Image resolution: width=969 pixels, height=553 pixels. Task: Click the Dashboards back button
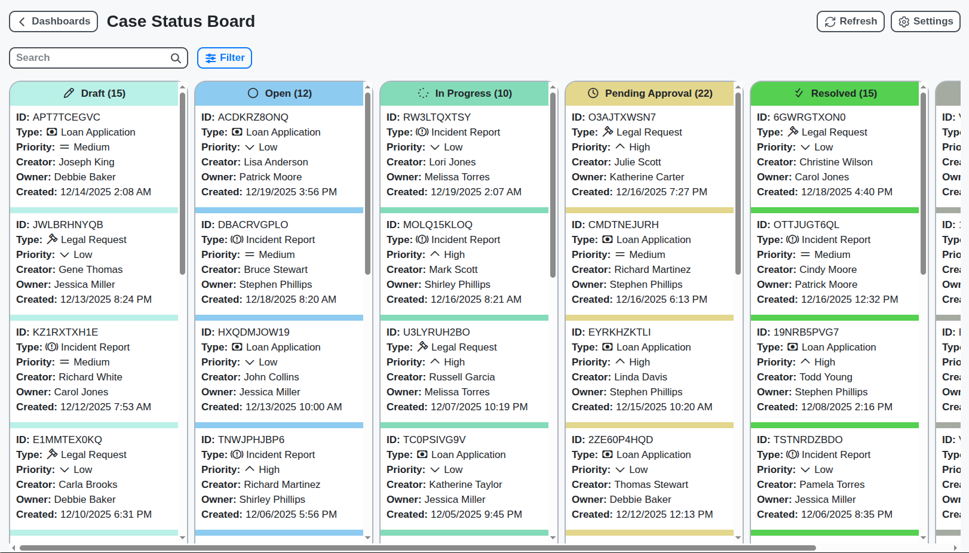pos(54,21)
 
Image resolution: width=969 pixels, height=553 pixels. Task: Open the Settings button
pos(925,21)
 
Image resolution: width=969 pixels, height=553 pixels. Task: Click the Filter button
pos(225,58)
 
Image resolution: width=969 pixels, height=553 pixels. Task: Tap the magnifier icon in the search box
pos(176,58)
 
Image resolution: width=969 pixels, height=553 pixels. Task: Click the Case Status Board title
pos(180,21)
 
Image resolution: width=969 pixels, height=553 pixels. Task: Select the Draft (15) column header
pos(94,93)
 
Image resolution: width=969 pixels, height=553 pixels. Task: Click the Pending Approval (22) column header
pos(650,93)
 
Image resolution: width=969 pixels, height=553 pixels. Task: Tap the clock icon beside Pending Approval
pos(593,93)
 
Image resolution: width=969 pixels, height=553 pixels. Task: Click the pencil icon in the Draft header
pos(69,93)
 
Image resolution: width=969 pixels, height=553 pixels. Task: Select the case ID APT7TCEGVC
pos(66,117)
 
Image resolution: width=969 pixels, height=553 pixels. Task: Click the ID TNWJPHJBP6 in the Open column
pos(251,440)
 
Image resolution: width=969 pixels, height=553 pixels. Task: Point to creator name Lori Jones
pos(452,162)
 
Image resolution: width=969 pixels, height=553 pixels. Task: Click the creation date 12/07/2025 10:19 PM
pos(479,407)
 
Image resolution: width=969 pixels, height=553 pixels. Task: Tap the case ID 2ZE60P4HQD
pos(621,440)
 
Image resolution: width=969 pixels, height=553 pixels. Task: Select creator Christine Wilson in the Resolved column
pos(836,162)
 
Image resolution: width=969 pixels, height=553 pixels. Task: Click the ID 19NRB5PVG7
pos(806,332)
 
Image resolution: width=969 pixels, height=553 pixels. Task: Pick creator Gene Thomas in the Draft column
pos(90,269)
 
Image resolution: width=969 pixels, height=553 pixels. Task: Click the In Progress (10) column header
pos(465,93)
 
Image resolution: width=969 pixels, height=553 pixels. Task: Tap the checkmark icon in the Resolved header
pos(799,93)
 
